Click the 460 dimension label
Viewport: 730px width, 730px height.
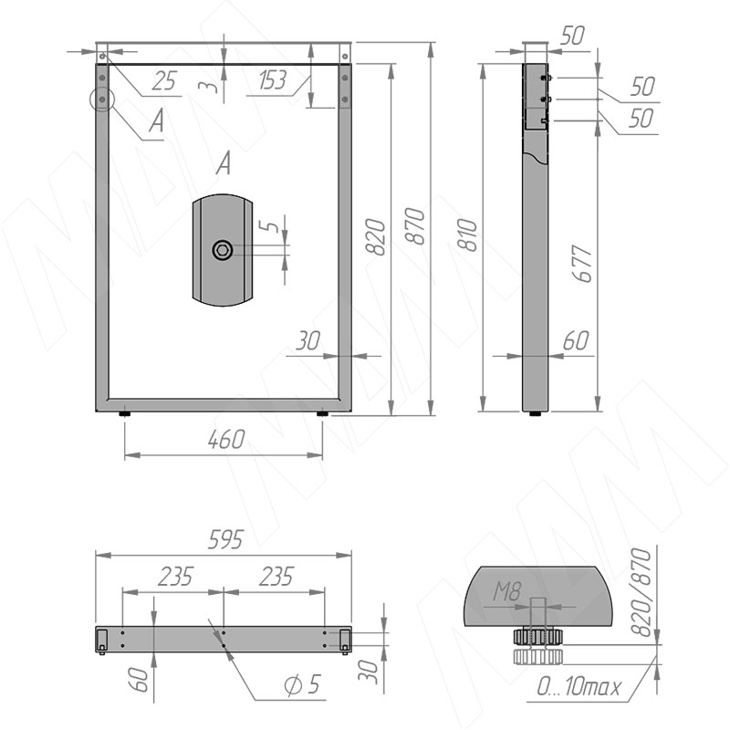(x=225, y=440)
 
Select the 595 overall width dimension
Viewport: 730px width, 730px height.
(x=225, y=540)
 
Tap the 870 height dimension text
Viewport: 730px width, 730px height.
(x=415, y=226)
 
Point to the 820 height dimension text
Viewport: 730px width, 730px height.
(x=376, y=236)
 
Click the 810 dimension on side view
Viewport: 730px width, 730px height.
(x=468, y=235)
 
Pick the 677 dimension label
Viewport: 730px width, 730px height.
(x=582, y=264)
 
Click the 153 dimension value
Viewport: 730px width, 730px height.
(x=272, y=80)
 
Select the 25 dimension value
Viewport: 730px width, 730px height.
(x=164, y=81)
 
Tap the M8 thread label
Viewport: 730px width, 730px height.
(x=506, y=592)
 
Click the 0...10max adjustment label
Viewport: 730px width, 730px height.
(x=579, y=686)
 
